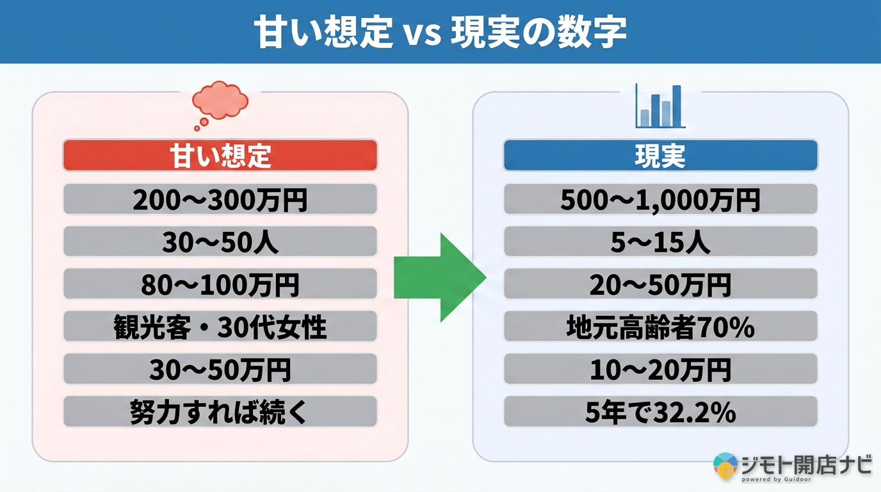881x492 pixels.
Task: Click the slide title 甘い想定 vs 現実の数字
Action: coord(440,32)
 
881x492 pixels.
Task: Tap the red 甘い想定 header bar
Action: coord(220,156)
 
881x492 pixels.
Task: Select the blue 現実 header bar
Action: coord(660,156)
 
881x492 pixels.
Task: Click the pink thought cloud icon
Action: coord(220,102)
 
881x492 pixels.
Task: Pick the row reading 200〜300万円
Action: coord(220,199)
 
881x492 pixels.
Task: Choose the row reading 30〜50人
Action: coord(220,242)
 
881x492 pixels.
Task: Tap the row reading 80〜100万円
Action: coord(220,284)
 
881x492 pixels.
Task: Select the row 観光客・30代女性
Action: coord(220,327)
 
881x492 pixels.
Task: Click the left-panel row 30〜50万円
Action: coord(220,369)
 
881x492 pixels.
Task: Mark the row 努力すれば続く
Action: coord(220,411)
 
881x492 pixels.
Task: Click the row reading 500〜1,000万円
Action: coord(660,199)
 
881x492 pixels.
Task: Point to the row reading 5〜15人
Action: coord(660,242)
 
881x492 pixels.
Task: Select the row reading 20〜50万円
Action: coord(660,284)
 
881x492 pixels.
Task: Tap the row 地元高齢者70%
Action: coord(660,327)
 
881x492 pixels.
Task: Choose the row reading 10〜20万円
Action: coord(660,369)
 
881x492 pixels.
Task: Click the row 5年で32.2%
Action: coord(660,411)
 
